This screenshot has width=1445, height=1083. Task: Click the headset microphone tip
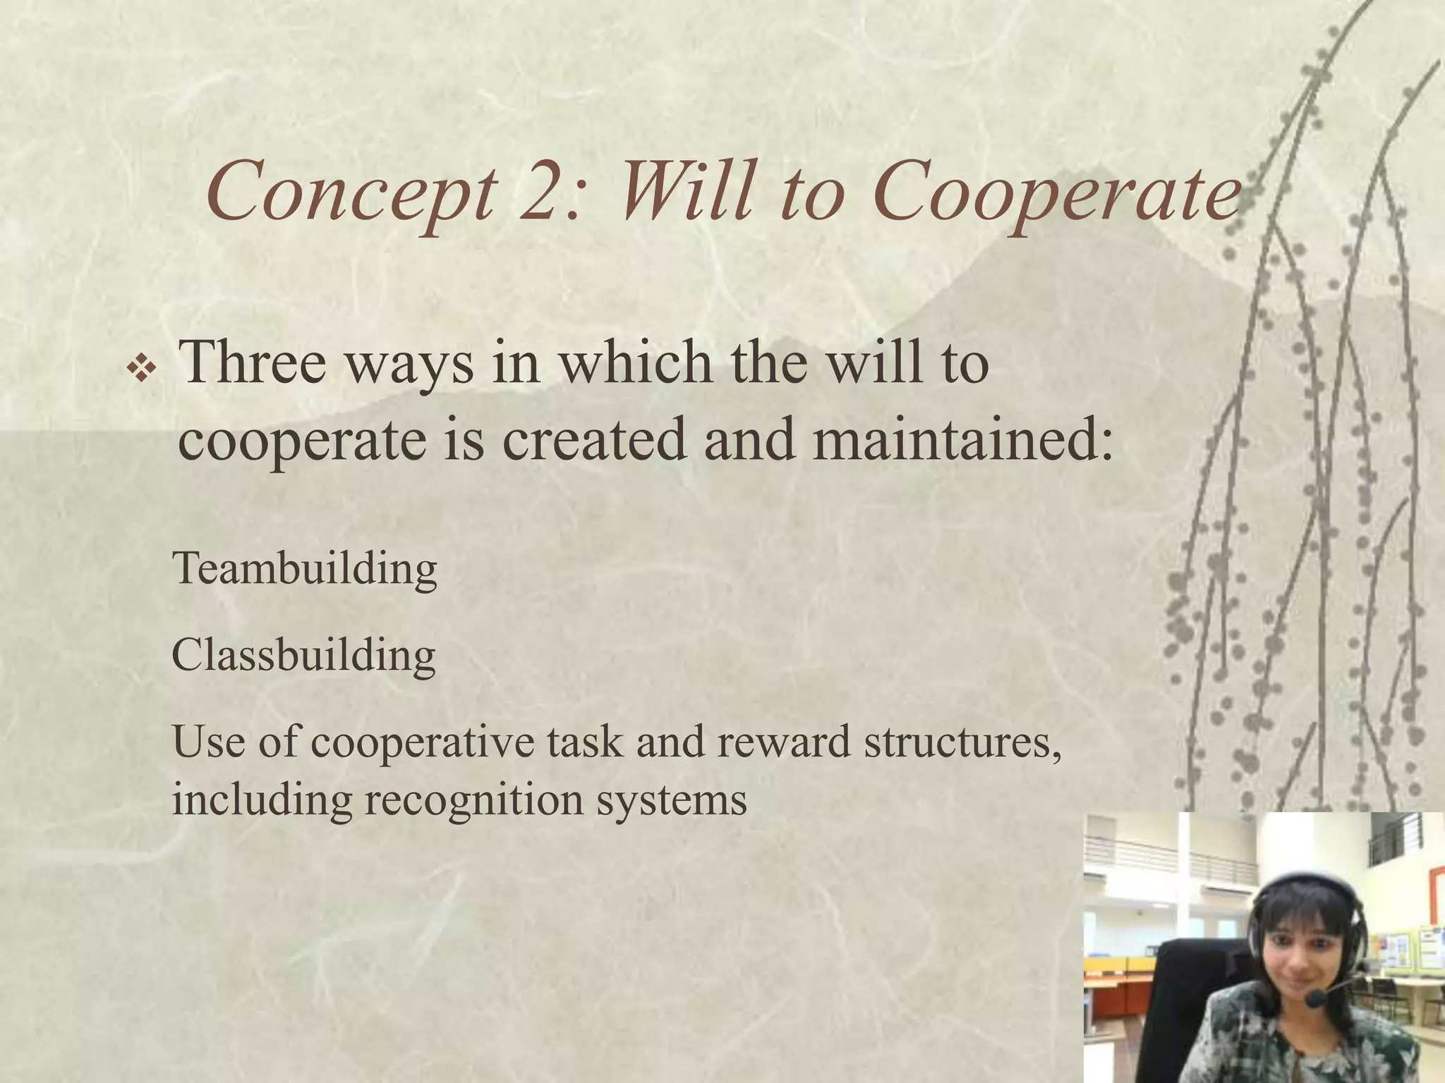(x=1315, y=999)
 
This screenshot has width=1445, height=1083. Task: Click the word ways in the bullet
(x=409, y=362)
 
